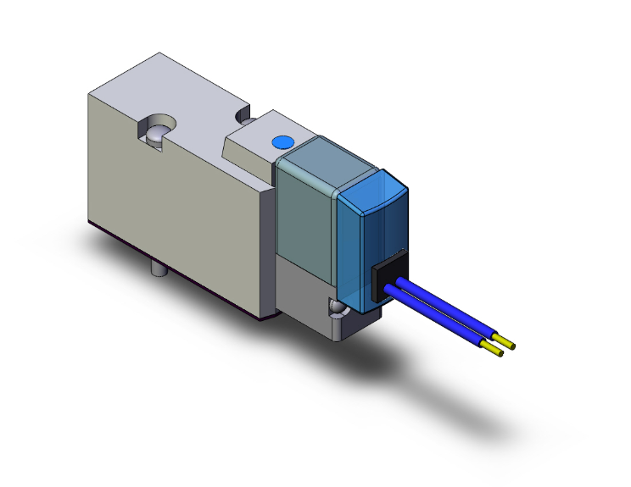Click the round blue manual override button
coord(282,141)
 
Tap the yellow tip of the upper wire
coord(511,345)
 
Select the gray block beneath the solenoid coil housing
coord(305,288)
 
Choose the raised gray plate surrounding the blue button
coord(254,140)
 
